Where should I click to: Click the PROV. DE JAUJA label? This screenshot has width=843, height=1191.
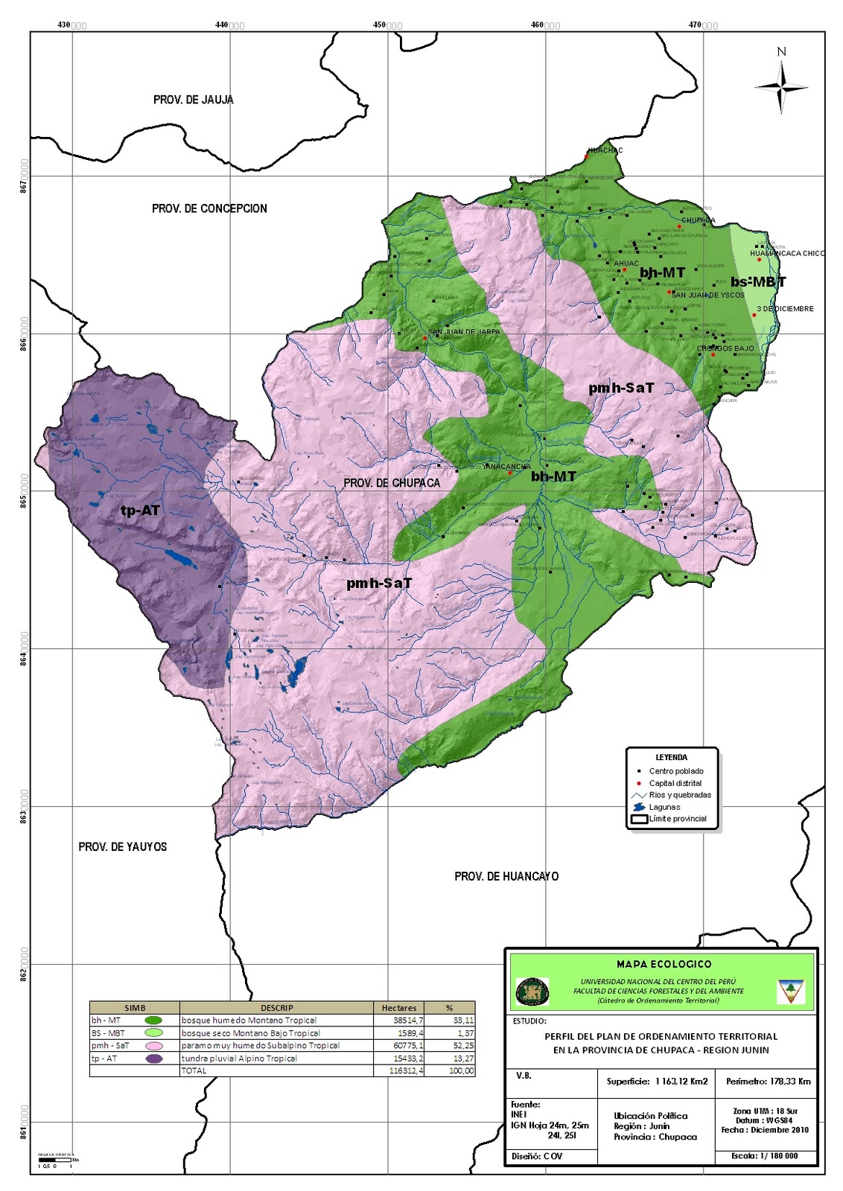coord(193,100)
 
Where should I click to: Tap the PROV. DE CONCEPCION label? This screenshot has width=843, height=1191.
coord(209,208)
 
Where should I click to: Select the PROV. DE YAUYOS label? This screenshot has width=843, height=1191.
coord(123,846)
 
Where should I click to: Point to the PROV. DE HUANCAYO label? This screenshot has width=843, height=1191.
coord(506,876)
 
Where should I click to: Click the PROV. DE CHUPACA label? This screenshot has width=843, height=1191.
coord(392,483)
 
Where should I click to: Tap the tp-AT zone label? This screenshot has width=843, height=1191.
coord(140,511)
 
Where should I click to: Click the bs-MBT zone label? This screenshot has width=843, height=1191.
coord(757,282)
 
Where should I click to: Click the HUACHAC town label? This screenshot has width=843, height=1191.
coord(605,150)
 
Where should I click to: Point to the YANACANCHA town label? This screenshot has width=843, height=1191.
coord(506,467)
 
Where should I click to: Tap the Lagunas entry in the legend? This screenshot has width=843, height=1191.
coord(664,807)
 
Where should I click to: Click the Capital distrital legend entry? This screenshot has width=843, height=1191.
coord(675,783)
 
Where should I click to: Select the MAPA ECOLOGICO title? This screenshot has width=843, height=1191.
coord(664,964)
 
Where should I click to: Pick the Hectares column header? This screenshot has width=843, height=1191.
coord(398,1008)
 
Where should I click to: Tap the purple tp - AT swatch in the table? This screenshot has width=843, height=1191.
coord(154,1059)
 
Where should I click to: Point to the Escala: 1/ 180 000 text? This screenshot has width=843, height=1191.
coord(766,1156)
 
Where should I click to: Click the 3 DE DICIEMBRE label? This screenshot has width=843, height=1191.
coord(785,309)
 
